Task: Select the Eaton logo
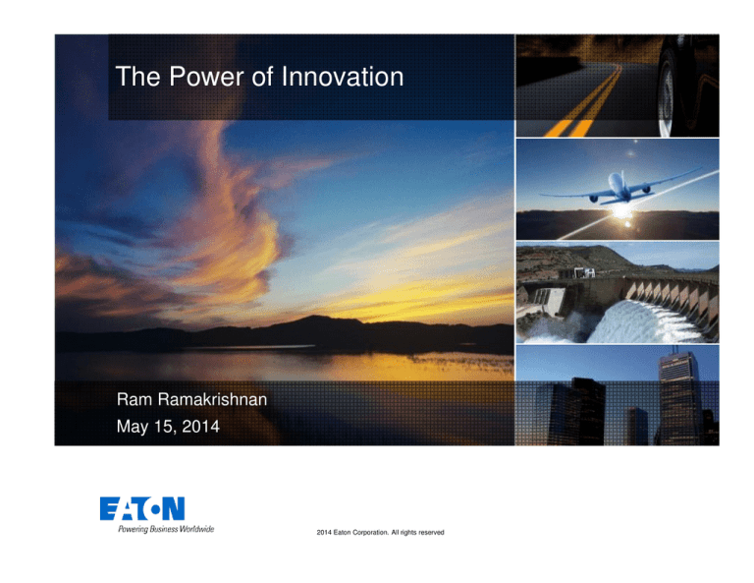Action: [x=141, y=508]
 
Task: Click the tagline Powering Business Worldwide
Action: [x=157, y=529]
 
